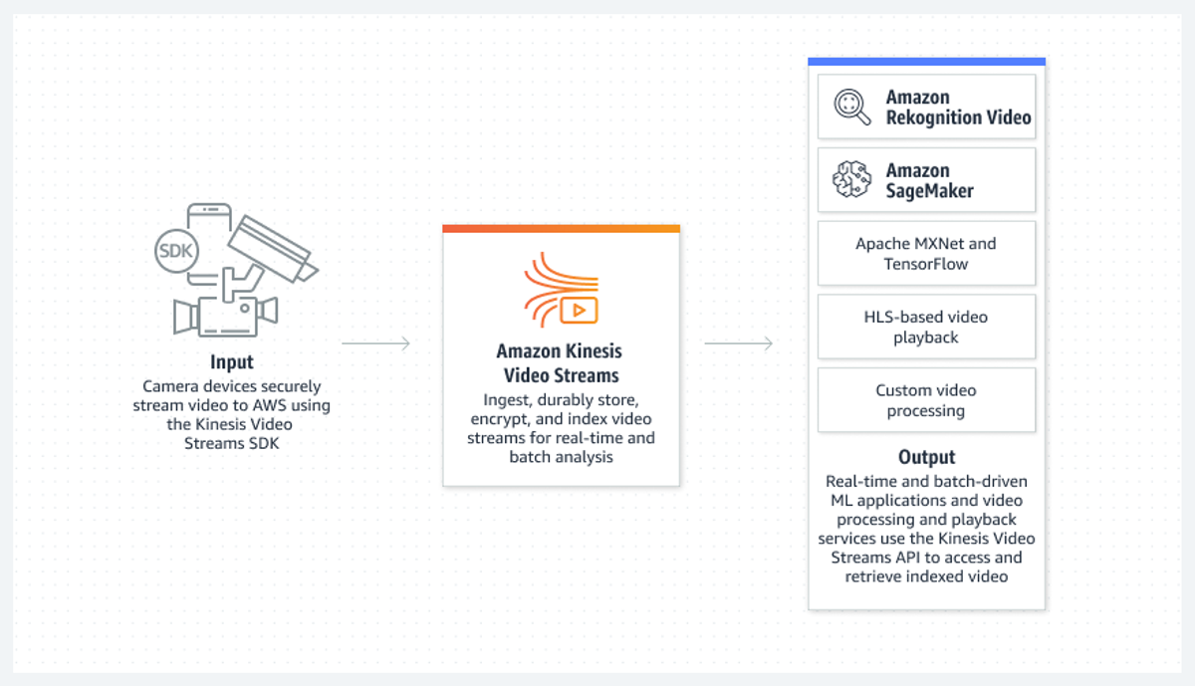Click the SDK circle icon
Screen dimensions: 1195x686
[x=176, y=251]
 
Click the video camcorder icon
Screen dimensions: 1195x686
[x=226, y=316]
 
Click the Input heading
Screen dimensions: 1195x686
[x=231, y=362]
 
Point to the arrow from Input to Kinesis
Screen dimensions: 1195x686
[x=376, y=343]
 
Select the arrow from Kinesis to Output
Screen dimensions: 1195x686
[x=739, y=343]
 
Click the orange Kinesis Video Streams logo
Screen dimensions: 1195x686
[x=562, y=290]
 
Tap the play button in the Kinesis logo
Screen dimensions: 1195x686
[x=579, y=311]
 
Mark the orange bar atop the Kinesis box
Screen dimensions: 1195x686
[x=562, y=229]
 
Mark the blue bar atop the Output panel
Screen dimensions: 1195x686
[x=927, y=62]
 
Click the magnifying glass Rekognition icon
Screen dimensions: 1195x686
[x=852, y=107]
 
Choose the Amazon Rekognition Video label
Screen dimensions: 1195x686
[x=959, y=108]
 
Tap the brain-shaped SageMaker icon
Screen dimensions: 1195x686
[x=852, y=180]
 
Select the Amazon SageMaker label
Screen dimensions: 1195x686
[x=930, y=180]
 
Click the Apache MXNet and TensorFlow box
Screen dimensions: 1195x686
[x=927, y=253]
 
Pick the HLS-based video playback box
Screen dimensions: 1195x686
[x=927, y=327]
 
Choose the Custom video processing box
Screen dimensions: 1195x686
[x=927, y=400]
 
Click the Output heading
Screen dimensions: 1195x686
[x=927, y=457]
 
